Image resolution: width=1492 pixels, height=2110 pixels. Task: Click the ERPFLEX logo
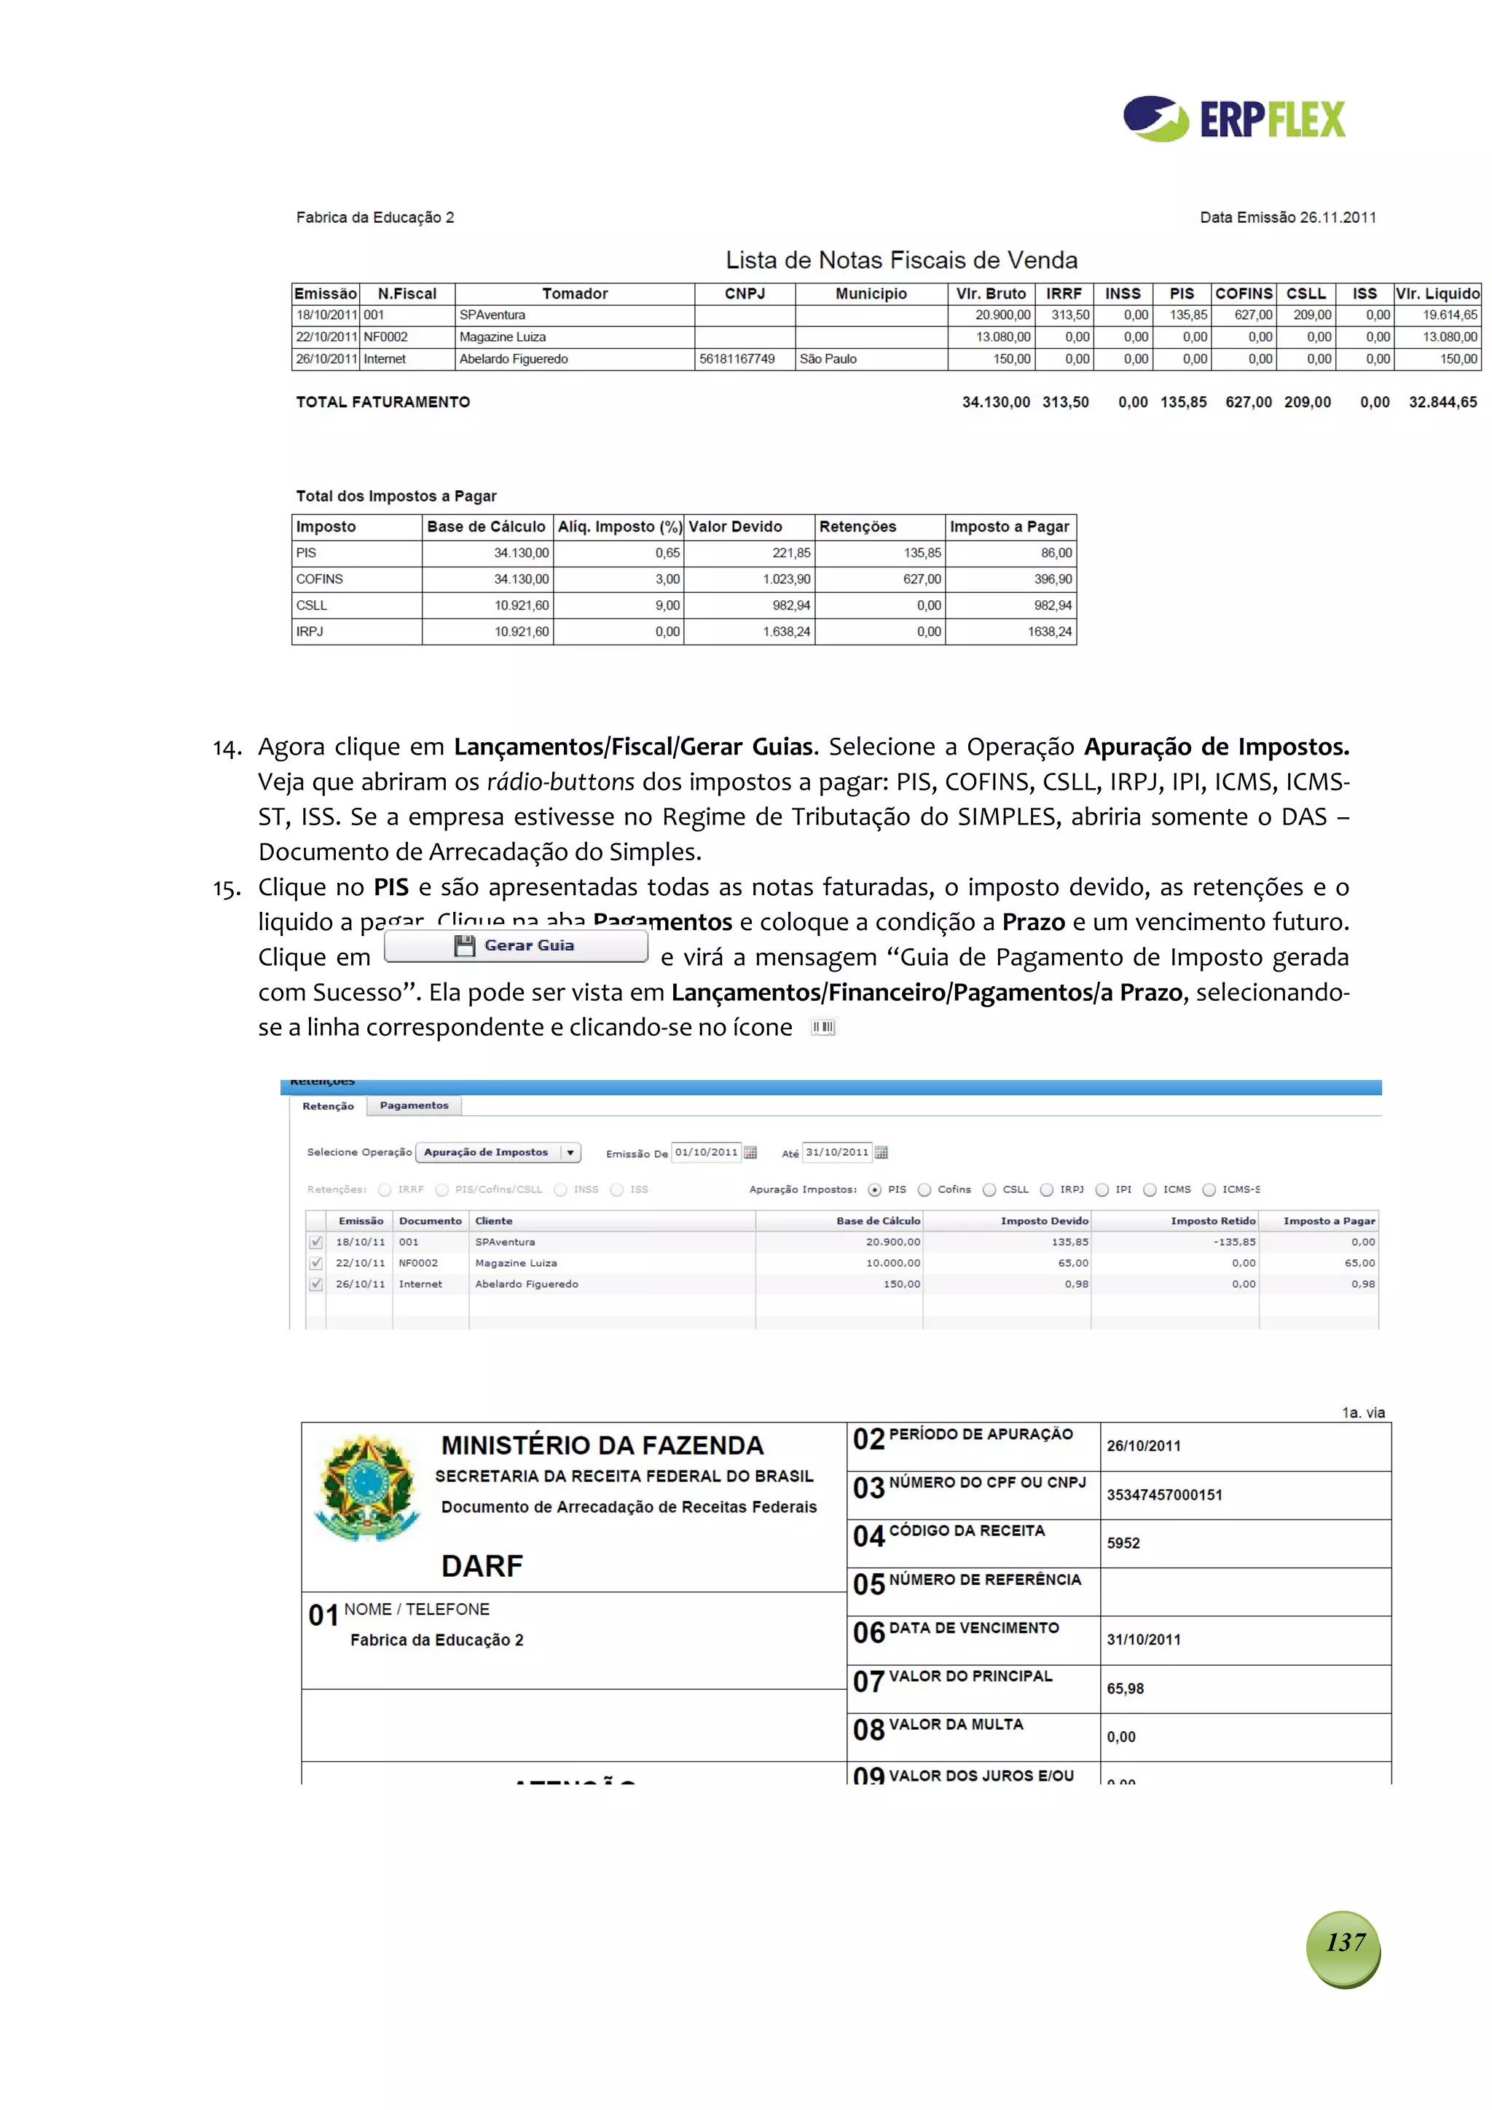pyautogui.click(x=1233, y=119)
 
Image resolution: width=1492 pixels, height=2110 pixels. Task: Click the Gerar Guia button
pyautogui.click(x=516, y=945)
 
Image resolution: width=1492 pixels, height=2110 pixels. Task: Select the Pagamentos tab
pyautogui.click(x=414, y=1106)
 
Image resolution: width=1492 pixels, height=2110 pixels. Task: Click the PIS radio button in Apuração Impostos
pyautogui.click(x=875, y=1190)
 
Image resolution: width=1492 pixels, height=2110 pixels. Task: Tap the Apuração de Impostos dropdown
pyautogui.click(x=498, y=1152)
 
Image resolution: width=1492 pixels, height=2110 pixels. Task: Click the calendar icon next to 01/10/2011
pyautogui.click(x=750, y=1152)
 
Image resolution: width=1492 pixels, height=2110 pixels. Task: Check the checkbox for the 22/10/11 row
pyautogui.click(x=316, y=1264)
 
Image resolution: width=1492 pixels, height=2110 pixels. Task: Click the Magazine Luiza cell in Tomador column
pyautogui.click(x=503, y=337)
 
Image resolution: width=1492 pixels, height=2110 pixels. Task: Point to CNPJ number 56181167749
pyautogui.click(x=737, y=359)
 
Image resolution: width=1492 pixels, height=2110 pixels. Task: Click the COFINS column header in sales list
pyautogui.click(x=1243, y=294)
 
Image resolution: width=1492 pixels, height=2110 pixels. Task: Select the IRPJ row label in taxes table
pyautogui.click(x=310, y=632)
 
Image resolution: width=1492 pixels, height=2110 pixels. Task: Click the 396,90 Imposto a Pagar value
pyautogui.click(x=1053, y=580)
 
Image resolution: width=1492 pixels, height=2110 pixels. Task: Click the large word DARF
pyautogui.click(x=482, y=1566)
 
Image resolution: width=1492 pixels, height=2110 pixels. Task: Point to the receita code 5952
pyautogui.click(x=1123, y=1543)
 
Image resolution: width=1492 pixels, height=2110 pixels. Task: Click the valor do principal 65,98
pyautogui.click(x=1126, y=1688)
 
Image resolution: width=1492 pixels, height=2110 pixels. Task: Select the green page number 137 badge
pyautogui.click(x=1343, y=1942)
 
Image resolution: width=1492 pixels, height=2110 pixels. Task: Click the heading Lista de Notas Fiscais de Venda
pyautogui.click(x=901, y=261)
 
